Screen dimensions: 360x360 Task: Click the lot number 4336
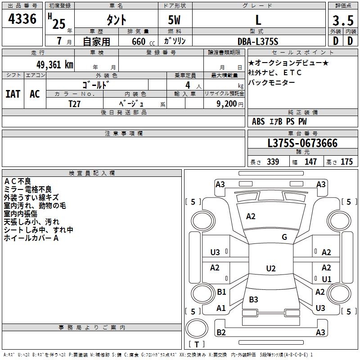[x=22, y=19]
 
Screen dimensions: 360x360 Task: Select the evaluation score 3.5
[x=342, y=20]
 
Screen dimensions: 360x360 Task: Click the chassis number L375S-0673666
[x=302, y=143]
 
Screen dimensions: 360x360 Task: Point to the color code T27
[x=75, y=103]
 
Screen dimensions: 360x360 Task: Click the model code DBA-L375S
[x=258, y=41]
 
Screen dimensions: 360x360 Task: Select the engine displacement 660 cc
[x=135, y=41]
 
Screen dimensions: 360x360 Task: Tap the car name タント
[x=116, y=20]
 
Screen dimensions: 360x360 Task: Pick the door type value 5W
[x=175, y=20]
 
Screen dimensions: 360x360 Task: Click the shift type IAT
[x=13, y=94]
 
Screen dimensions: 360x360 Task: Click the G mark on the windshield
[x=284, y=237]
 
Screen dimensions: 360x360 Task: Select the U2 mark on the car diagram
[x=270, y=269]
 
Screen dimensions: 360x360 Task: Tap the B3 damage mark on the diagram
[x=253, y=300]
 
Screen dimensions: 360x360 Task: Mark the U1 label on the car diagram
[x=326, y=279]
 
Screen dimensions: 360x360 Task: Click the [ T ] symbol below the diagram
[x=196, y=345]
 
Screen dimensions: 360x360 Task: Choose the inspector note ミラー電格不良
[x=28, y=189]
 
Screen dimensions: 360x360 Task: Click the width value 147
[x=310, y=162]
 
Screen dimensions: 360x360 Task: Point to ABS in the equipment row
[x=258, y=121]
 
